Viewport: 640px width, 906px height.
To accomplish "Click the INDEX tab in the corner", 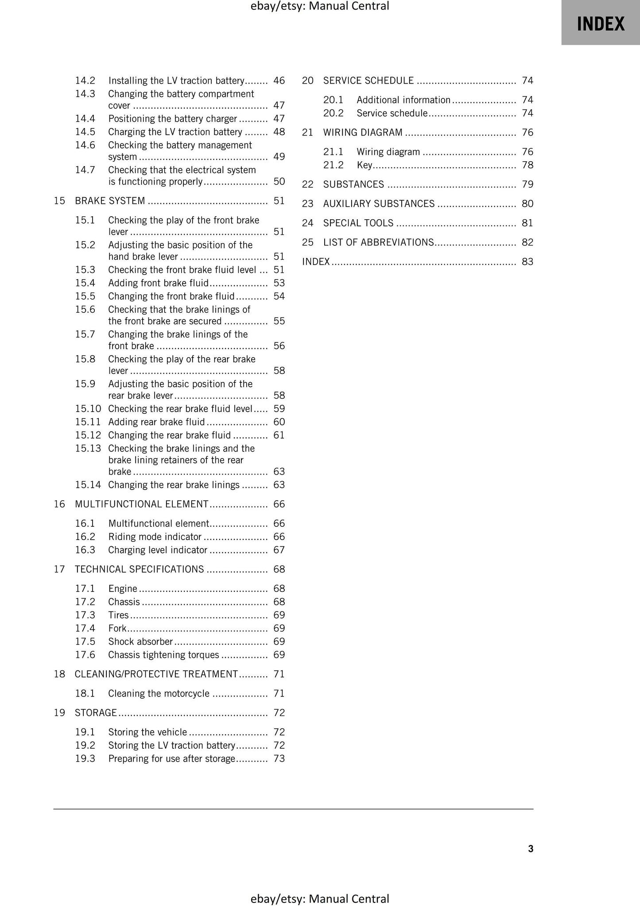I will (x=600, y=23).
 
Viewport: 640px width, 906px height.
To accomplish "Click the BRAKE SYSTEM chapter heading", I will (x=110, y=201).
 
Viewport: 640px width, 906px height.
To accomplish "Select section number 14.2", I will (x=85, y=81).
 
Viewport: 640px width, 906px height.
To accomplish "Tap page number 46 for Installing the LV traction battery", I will (x=279, y=81).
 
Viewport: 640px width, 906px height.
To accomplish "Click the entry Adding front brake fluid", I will (x=158, y=283).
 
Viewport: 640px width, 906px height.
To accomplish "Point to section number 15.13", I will (x=88, y=448).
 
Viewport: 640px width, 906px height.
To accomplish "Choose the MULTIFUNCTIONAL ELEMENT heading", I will (x=141, y=504).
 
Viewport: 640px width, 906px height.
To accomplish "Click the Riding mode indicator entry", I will (x=155, y=537).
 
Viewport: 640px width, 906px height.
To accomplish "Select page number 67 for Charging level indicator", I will (x=279, y=550).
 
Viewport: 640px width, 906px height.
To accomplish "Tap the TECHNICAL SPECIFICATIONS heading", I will (x=139, y=569).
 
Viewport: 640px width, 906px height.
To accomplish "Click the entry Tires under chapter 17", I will (x=118, y=615).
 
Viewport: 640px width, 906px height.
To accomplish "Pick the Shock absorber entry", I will (x=140, y=642).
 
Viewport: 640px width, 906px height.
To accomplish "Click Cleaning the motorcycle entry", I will (x=159, y=694).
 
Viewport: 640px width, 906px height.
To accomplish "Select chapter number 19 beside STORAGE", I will (x=59, y=713).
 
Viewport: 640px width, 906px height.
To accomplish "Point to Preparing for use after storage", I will (x=171, y=759).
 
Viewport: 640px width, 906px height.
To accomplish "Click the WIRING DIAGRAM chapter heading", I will (x=363, y=132).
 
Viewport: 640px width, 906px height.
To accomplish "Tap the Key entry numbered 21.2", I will (x=364, y=165).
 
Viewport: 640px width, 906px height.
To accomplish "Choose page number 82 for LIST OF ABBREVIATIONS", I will (x=527, y=242).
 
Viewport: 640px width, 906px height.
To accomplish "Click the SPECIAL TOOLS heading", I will (x=358, y=223).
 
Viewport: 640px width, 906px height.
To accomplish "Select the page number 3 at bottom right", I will (x=531, y=849).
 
